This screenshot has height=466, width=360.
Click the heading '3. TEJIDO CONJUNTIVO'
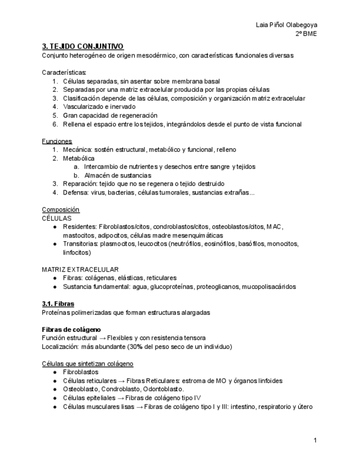tap(82, 47)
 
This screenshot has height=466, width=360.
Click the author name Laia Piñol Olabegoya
tap(286, 25)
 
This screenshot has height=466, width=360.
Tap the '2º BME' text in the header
tap(306, 34)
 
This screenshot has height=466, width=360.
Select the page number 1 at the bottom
tap(315, 440)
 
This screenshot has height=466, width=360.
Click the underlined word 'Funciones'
tap(57, 141)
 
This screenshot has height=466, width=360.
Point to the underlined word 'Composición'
tap(60, 210)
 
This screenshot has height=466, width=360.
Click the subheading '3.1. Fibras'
tap(58, 304)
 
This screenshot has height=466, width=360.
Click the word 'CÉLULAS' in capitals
tap(57, 218)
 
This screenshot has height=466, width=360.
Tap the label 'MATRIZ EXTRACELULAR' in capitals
tap(80, 269)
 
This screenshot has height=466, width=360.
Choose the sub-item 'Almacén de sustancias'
tap(118, 175)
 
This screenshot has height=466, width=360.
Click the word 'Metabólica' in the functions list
tap(79, 158)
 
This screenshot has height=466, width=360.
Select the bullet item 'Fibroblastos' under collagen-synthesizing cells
tap(81, 372)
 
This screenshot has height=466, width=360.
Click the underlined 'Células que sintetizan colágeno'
tap(87, 364)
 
